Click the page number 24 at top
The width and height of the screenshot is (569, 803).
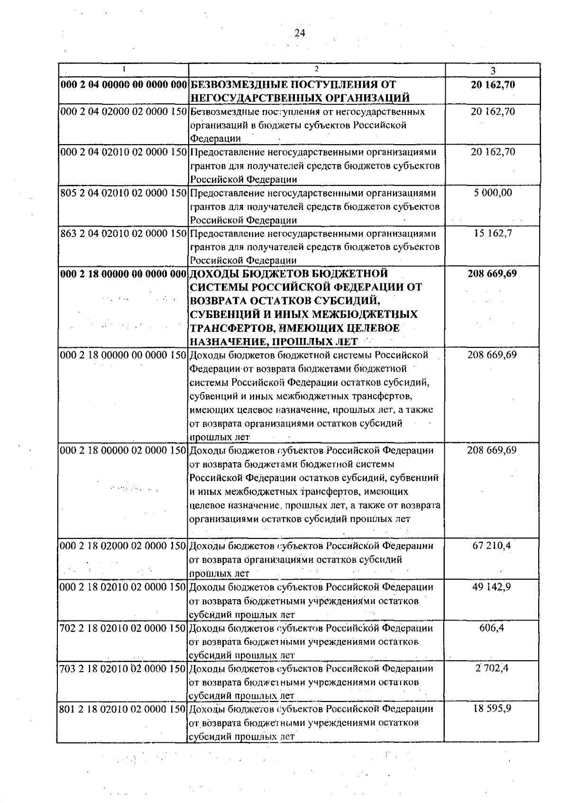(300, 33)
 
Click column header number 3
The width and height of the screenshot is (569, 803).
(493, 71)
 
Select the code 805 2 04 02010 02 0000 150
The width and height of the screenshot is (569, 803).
(123, 193)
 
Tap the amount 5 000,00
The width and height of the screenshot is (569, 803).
(493, 193)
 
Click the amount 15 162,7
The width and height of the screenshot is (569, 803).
(493, 233)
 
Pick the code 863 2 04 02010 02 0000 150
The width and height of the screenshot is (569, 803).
(123, 234)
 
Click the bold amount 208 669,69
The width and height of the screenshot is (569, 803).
(492, 274)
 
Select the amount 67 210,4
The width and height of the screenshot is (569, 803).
(492, 546)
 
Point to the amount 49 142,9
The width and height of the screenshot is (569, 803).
(492, 587)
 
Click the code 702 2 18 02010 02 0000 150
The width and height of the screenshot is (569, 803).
(123, 628)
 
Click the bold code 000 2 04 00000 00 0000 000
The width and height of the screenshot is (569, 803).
(123, 85)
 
